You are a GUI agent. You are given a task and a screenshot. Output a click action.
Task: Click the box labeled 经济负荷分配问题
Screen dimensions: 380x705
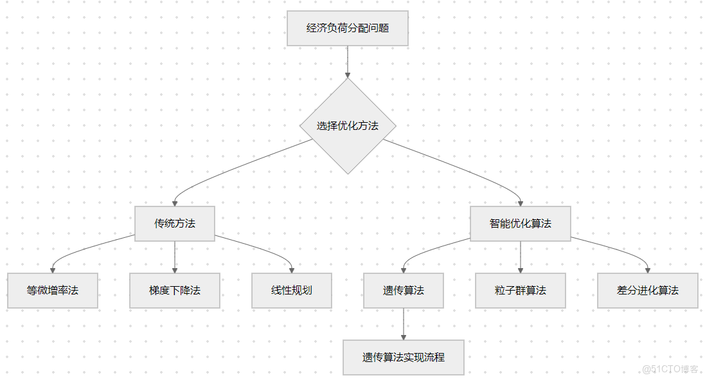tap(347, 28)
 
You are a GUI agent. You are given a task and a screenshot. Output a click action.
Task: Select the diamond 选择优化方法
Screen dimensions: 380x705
tap(348, 126)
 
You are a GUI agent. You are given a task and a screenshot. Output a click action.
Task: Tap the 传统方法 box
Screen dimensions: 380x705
tap(175, 224)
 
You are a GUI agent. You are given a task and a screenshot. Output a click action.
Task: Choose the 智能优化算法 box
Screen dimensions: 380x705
tap(520, 224)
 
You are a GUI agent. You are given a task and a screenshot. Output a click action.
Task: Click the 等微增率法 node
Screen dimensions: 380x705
tap(53, 291)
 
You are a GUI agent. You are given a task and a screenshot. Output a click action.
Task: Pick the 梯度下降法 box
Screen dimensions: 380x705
tap(175, 291)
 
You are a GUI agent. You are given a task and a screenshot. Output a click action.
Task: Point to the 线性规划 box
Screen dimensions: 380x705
tap(292, 291)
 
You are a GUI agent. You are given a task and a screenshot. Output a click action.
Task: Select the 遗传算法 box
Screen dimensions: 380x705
tap(404, 291)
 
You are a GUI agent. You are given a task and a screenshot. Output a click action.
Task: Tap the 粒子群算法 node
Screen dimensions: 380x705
tap(520, 291)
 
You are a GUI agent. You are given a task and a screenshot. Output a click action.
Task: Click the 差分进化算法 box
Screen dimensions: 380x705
tap(647, 291)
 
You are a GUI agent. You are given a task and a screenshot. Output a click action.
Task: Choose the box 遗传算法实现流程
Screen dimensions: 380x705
tap(404, 357)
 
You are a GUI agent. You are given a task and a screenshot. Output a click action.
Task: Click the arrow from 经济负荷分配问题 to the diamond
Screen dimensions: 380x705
tap(348, 61)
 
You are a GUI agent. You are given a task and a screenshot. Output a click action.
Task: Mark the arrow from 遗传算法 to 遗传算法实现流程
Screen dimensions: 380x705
tap(404, 323)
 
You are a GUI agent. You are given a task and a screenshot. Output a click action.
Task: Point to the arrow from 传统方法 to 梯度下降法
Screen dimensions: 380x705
tap(175, 256)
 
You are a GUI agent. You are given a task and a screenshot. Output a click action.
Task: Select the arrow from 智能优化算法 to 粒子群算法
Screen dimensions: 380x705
tap(520, 256)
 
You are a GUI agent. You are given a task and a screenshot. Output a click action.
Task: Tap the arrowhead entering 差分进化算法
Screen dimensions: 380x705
tap(647, 270)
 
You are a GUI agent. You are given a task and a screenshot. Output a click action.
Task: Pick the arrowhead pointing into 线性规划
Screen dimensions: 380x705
tap(292, 270)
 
